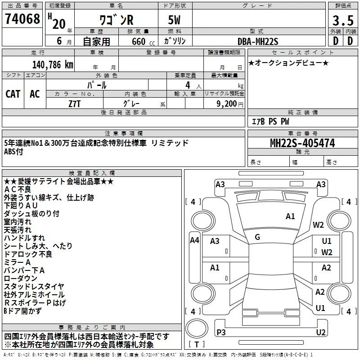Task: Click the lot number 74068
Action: pos(22,19)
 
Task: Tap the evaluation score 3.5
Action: pos(343,20)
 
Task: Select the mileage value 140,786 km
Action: pos(53,65)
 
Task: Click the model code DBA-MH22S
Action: pos(258,41)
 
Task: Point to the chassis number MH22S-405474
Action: pos(302,143)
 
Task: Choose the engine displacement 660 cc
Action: pos(143,41)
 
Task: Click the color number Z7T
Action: pos(75,104)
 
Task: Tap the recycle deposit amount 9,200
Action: pos(227,104)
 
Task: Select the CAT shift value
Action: pos(13,94)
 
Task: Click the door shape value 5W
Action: pos(174,20)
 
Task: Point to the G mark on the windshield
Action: pos(257,237)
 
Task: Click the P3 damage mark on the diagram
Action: pos(221,332)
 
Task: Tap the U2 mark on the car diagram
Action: pos(321,332)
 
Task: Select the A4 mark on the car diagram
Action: pos(194,240)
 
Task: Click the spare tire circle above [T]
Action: pos(197,328)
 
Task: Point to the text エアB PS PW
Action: pos(270,121)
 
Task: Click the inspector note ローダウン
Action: pos(20,278)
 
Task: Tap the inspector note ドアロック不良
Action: pos(28,254)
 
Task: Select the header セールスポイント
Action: pos(302,53)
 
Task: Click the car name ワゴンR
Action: pos(117,20)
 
